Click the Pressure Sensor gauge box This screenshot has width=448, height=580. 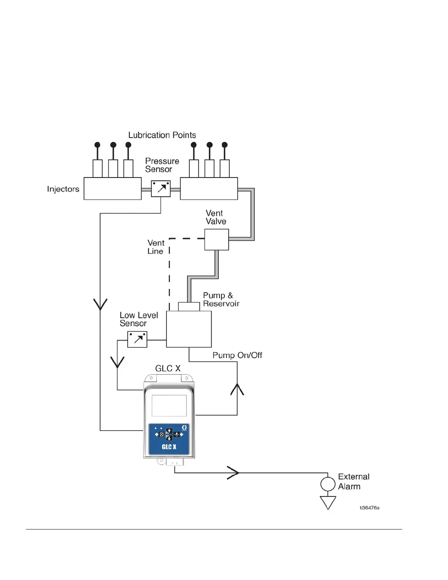[161, 189]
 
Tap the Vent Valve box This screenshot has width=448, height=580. [216, 239]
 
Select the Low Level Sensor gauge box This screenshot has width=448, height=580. [137, 339]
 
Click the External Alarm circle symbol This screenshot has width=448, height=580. [328, 484]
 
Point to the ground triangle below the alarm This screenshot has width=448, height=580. [328, 502]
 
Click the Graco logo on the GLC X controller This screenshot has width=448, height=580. [184, 428]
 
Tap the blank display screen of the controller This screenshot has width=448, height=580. [169, 406]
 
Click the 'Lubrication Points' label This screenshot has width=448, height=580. [162, 135]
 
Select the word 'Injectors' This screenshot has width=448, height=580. [63, 189]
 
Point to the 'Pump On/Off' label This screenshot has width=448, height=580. [237, 355]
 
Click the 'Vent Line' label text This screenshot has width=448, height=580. [156, 247]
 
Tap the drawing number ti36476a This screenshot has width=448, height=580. [369, 508]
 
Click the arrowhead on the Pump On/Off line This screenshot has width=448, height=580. [237, 389]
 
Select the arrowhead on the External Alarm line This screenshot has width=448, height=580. [234, 473]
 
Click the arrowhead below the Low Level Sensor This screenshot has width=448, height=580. [117, 362]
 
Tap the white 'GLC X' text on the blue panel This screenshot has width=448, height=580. [169, 447]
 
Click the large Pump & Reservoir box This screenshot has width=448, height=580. [189, 329]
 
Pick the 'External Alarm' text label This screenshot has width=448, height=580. [354, 482]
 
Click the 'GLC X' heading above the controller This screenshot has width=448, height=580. [168, 368]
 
